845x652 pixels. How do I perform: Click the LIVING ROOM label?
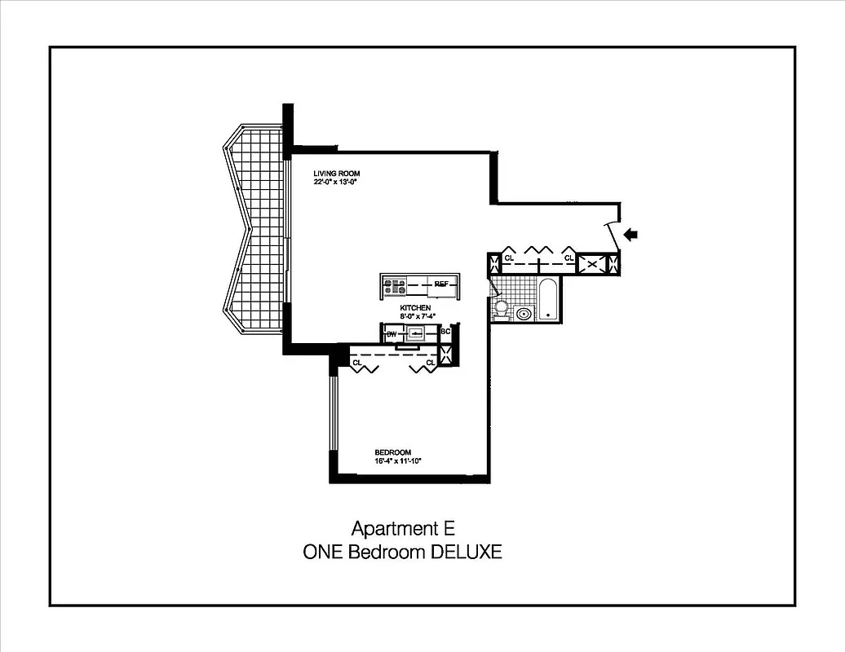(x=337, y=174)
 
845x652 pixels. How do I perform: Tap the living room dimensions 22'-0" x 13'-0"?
(x=336, y=183)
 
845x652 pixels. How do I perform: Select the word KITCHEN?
(x=415, y=307)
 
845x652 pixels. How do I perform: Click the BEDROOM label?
(x=392, y=452)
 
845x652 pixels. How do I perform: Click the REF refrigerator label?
(x=441, y=284)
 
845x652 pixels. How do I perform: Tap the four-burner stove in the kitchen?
(x=395, y=286)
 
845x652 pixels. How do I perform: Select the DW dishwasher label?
(x=391, y=334)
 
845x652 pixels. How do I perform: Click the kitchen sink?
(x=415, y=333)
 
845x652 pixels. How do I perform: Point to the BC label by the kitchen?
(x=445, y=332)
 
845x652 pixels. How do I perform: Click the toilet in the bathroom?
(x=501, y=308)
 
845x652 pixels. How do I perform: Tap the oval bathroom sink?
(x=523, y=313)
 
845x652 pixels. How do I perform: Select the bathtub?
(x=547, y=299)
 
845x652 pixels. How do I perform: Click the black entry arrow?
(x=630, y=235)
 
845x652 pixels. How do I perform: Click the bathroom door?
(x=493, y=288)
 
